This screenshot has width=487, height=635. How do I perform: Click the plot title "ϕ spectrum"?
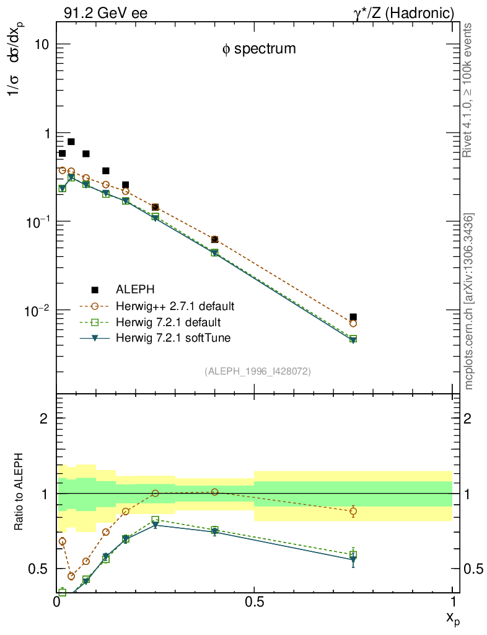coord(259,49)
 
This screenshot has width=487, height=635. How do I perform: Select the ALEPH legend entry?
coord(135,290)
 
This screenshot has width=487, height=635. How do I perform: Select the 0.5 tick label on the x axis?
coord(254,601)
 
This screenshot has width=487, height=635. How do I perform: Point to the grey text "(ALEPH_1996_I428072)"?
coord(258,371)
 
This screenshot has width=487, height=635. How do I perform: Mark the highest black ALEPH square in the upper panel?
coord(71,142)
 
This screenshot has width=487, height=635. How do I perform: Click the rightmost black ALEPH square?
coord(353,317)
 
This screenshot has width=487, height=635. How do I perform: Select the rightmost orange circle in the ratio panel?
coord(353,511)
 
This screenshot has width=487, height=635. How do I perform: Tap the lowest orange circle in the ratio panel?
coord(71,576)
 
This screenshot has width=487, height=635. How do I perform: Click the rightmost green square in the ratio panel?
coord(353,554)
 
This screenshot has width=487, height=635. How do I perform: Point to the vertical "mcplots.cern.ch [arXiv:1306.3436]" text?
coord(470,301)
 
